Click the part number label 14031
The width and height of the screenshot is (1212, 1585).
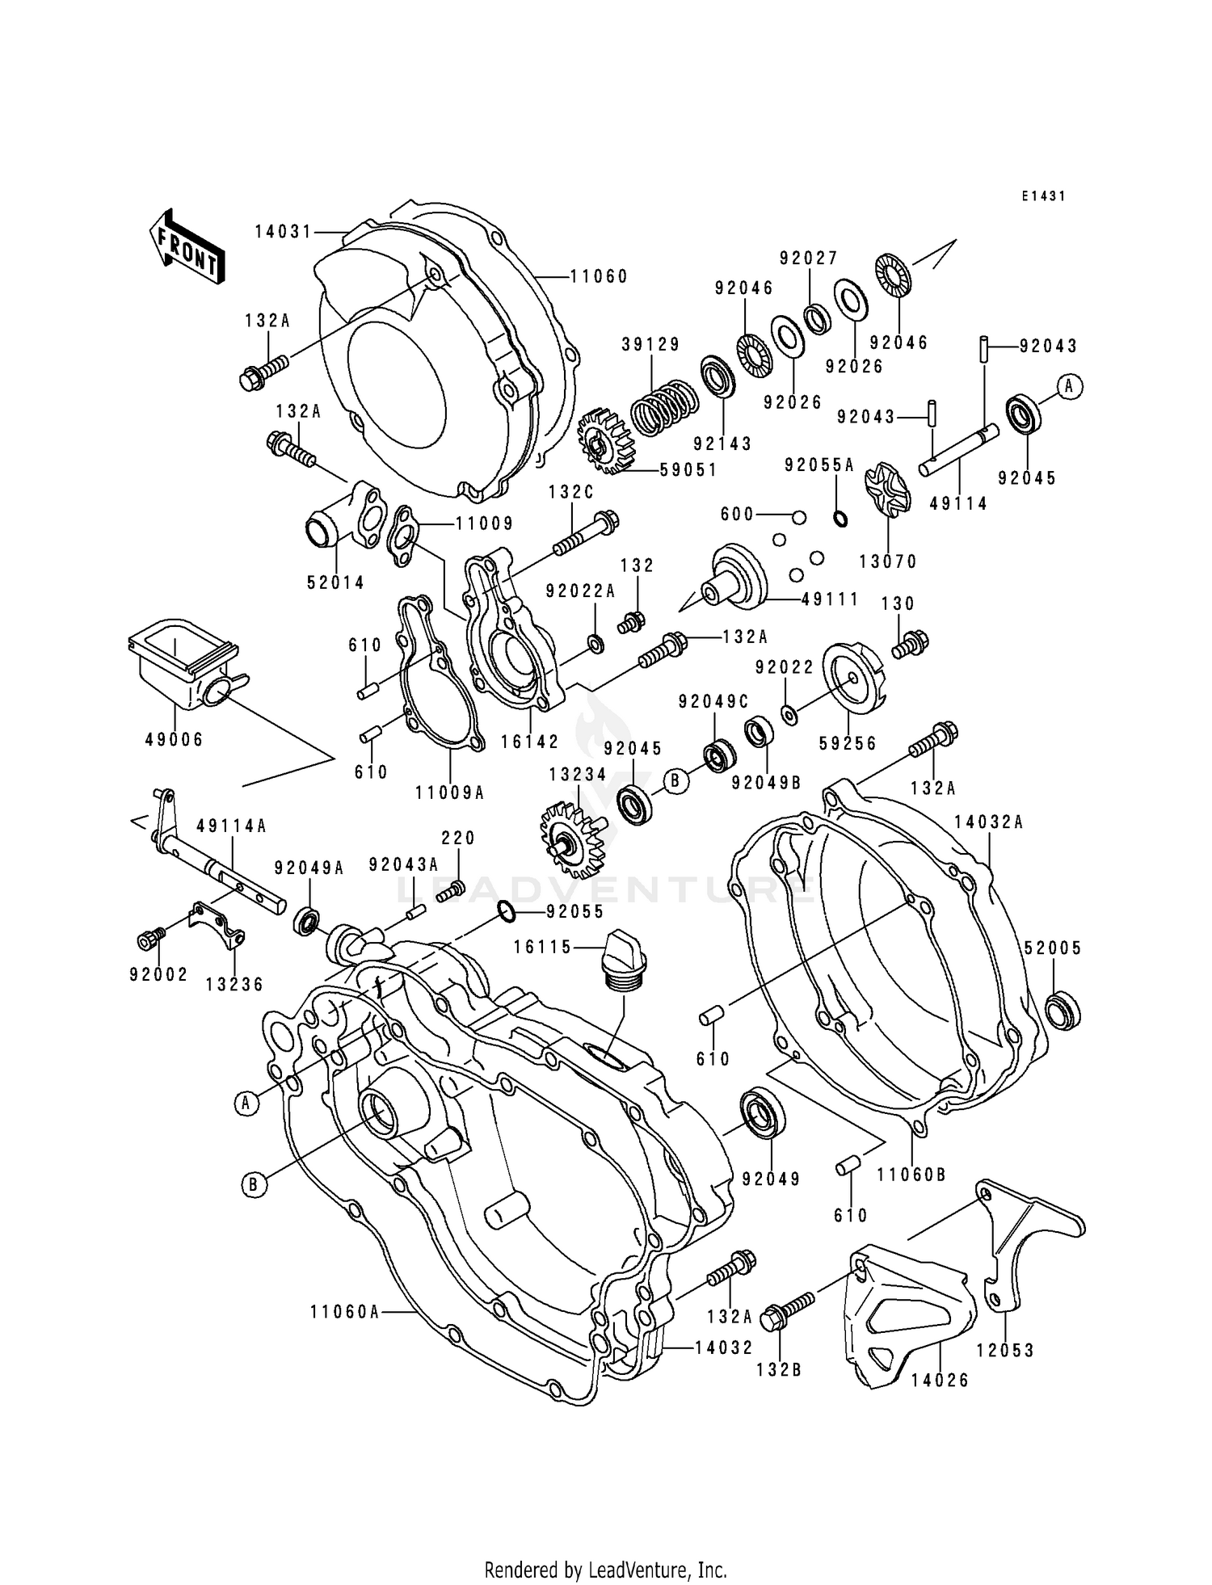(283, 232)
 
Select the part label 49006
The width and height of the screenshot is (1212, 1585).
(174, 739)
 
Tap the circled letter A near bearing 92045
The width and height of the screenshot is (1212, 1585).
(1069, 387)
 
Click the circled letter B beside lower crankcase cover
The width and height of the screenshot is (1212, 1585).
(252, 1184)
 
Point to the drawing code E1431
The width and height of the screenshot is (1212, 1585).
(1042, 195)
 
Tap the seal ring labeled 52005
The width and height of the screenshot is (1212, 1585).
(1062, 1011)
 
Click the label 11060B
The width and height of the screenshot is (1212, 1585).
(911, 1175)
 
